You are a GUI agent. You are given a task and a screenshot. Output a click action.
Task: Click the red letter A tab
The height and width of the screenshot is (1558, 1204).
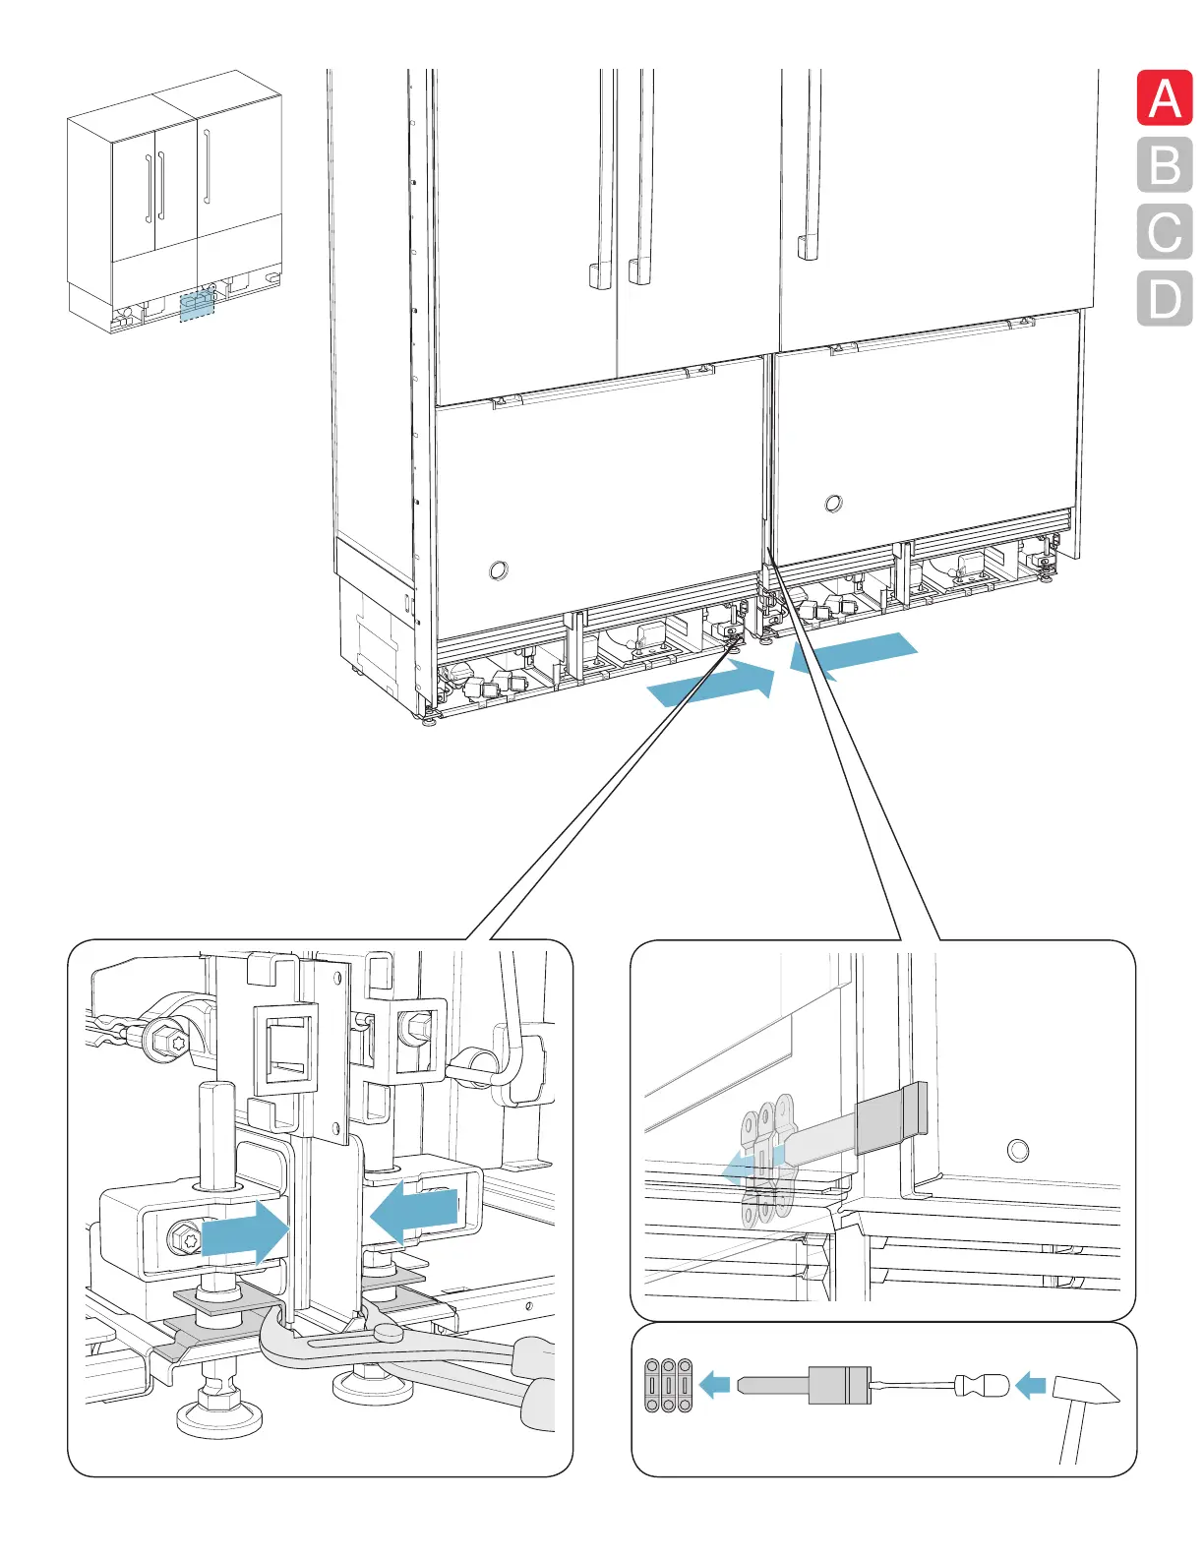1165,98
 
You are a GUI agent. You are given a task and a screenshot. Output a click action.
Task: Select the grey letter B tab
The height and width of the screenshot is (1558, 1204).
1165,165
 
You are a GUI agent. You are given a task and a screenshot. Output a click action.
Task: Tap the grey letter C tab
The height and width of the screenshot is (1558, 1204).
1165,232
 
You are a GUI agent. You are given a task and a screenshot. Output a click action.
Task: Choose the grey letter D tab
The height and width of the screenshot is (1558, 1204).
1165,298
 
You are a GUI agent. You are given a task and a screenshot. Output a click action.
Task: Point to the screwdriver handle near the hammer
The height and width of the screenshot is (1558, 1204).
981,1386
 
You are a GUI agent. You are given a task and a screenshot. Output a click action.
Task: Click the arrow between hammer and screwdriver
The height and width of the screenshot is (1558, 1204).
1030,1387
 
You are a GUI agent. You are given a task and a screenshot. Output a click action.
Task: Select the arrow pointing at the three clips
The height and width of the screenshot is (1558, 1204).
715,1385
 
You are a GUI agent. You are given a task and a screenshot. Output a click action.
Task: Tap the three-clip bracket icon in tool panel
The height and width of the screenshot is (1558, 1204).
669,1385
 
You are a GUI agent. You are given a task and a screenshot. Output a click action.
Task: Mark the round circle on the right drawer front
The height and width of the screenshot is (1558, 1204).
833,504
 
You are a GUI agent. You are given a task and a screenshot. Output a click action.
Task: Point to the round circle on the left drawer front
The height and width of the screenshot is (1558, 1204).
499,569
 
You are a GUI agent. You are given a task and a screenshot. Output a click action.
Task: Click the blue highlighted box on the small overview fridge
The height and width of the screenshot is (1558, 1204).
197,306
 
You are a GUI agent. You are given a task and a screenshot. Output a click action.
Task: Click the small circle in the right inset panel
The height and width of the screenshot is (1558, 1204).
1018,1150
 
